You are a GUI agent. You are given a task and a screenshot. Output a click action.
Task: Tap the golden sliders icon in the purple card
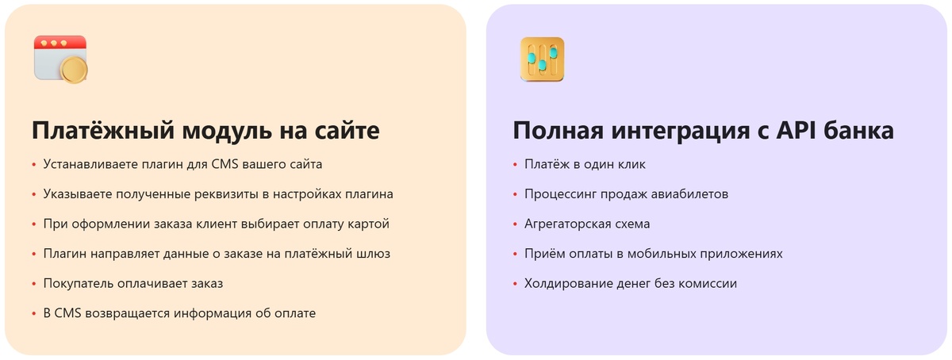(x=542, y=59)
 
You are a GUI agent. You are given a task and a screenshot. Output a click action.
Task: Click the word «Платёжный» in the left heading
(x=99, y=131)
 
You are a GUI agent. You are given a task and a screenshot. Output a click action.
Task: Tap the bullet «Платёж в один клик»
(x=585, y=164)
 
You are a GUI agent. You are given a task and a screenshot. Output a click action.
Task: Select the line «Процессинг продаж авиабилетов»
(x=626, y=194)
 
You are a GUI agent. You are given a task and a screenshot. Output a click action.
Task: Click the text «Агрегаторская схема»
(x=587, y=224)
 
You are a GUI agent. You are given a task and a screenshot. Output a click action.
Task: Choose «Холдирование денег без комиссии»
(x=630, y=283)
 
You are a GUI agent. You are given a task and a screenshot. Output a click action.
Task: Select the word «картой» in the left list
(x=370, y=224)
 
